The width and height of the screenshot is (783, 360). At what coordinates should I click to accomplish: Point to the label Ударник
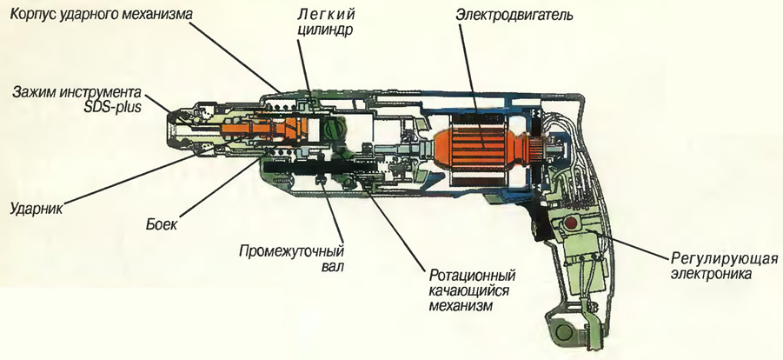33,210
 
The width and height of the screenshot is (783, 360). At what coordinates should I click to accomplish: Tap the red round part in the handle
572,227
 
